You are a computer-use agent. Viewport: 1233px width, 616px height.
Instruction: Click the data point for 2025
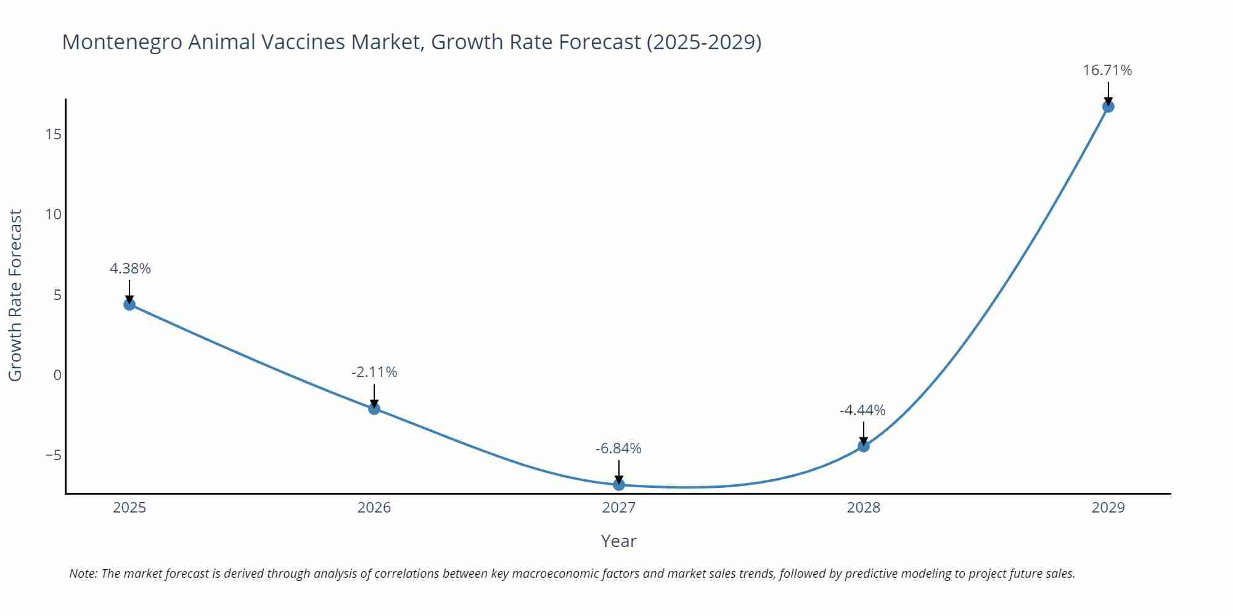[129, 304]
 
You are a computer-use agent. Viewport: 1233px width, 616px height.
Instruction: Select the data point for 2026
[374, 408]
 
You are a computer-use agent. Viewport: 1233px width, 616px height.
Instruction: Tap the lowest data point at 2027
[619, 485]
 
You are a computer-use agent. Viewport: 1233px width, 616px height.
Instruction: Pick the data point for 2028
[864, 446]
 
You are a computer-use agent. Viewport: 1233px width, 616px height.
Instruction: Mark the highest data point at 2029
[1108, 107]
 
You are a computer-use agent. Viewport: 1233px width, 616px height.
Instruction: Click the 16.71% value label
[1107, 70]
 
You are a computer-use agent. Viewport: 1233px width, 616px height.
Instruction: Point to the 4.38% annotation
[130, 269]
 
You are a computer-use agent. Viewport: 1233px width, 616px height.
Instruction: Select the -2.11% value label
[374, 372]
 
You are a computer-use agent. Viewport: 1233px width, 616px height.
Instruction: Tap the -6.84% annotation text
[618, 448]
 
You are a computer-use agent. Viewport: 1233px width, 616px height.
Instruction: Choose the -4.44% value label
[862, 410]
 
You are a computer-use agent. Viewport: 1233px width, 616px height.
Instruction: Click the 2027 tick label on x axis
[619, 508]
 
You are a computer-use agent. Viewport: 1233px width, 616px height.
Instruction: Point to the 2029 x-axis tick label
[1108, 508]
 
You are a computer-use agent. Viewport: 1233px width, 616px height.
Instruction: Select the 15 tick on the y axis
[54, 134]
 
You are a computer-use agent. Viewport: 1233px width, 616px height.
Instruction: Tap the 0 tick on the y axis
[57, 375]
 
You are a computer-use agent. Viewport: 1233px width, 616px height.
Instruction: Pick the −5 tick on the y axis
[53, 455]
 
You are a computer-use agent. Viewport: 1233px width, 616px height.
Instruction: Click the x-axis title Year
[618, 541]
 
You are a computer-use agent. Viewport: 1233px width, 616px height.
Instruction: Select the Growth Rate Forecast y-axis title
[15, 295]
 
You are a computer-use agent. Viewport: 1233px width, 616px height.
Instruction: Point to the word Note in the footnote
[83, 573]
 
